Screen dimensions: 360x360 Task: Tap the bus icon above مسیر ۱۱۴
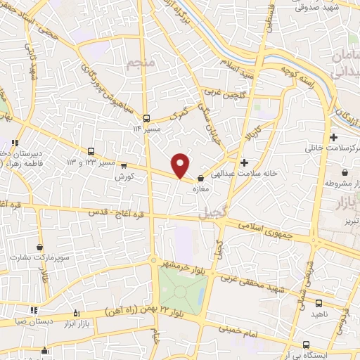click(146, 117)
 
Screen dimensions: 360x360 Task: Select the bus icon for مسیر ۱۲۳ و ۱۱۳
click(92, 151)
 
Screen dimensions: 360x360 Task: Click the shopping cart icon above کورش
click(124, 166)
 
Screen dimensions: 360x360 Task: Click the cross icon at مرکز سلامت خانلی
click(333, 138)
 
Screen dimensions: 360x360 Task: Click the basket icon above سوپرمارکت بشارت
click(39, 247)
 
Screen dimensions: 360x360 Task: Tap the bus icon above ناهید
click(320, 304)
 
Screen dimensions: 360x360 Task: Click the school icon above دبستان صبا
click(33, 309)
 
